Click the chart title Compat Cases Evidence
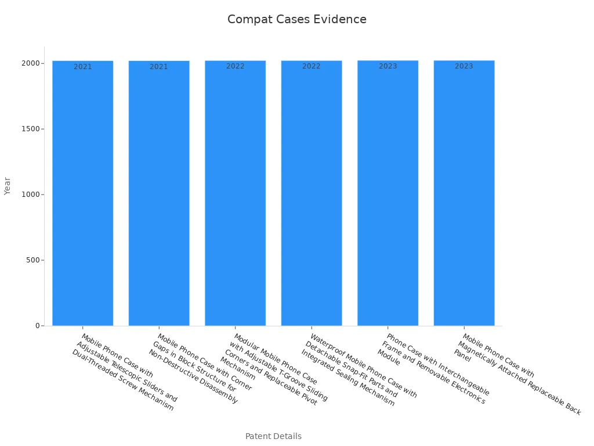[x=296, y=20]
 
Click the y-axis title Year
[x=8, y=186]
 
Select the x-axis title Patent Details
[x=273, y=436]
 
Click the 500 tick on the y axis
[x=32, y=260]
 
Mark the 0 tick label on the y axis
[x=36, y=326]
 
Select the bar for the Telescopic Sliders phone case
[x=82, y=195]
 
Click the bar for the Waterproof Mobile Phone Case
[x=312, y=195]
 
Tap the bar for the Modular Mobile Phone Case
[x=235, y=195]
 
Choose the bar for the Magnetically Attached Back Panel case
[x=464, y=195]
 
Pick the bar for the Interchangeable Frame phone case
[x=387, y=195]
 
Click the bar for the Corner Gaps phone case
[x=159, y=195]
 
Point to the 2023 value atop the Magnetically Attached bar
[x=464, y=66]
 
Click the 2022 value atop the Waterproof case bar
[x=312, y=66]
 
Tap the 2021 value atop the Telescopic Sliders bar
[x=82, y=67]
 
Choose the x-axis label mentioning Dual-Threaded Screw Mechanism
[x=125, y=372]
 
